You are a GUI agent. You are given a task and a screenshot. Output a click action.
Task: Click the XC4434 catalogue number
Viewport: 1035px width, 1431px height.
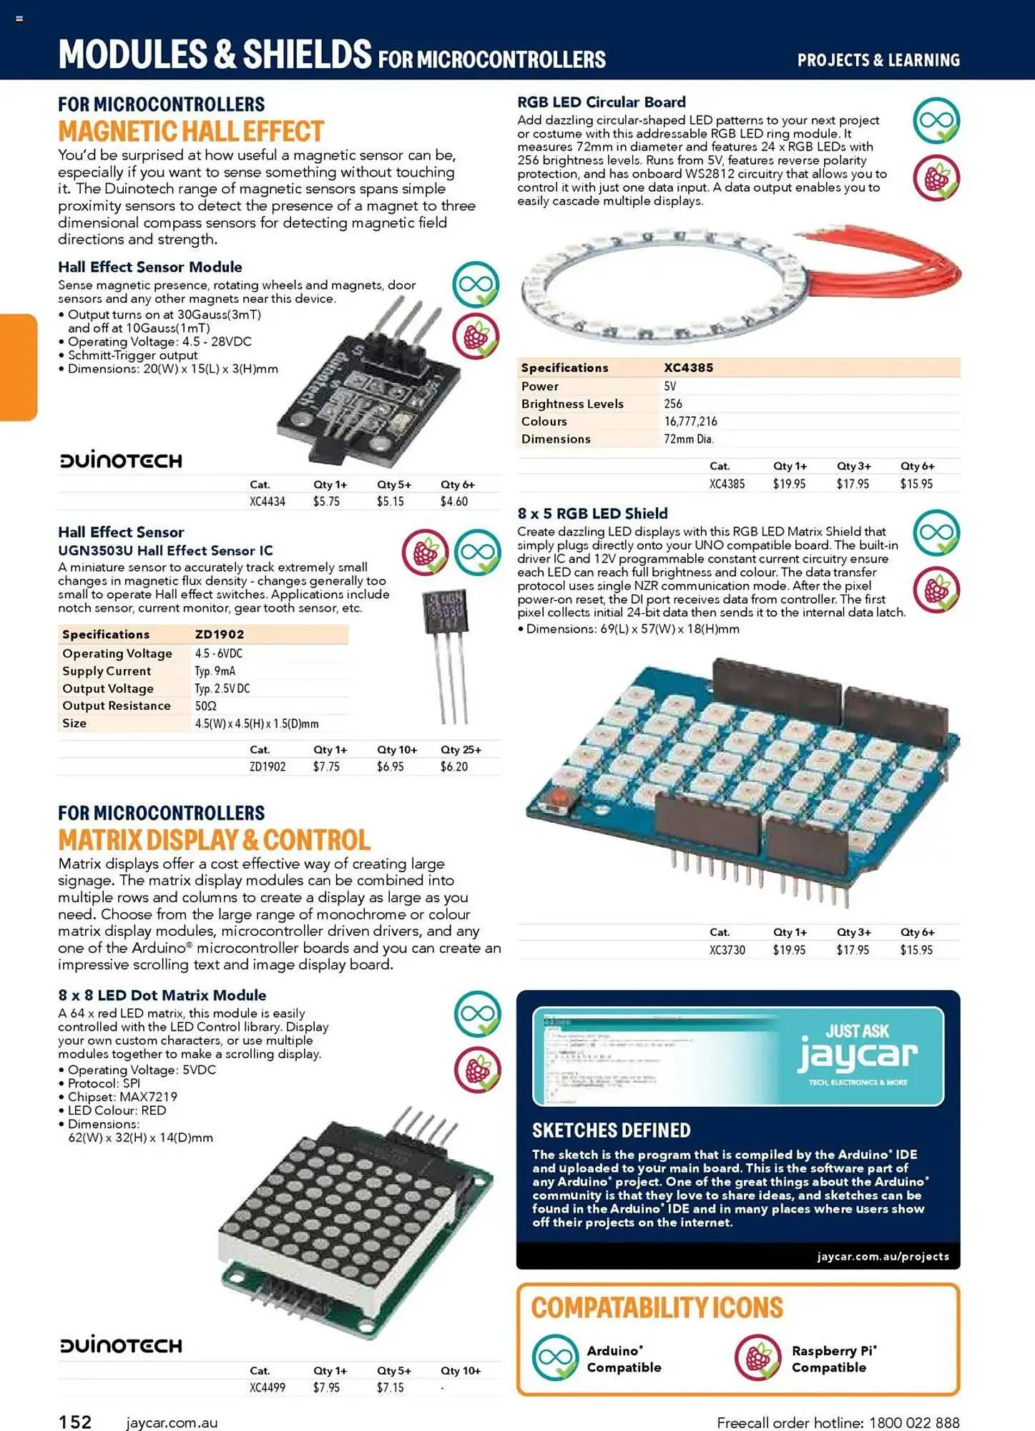267,502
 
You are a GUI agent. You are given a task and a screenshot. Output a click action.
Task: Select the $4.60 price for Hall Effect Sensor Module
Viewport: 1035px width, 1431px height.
453,502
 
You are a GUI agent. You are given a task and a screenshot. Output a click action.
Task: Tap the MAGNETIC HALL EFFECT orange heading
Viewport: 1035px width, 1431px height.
191,132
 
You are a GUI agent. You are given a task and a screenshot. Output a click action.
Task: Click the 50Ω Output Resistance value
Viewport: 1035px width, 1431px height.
206,705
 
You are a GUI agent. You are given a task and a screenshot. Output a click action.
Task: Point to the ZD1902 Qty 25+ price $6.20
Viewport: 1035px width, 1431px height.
453,766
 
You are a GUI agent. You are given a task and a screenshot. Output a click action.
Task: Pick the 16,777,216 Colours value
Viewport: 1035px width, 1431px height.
690,421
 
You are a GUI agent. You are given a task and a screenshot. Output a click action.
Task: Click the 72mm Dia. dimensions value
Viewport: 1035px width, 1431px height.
688,439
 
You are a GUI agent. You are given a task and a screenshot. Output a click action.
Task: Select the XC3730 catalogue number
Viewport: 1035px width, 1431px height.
727,950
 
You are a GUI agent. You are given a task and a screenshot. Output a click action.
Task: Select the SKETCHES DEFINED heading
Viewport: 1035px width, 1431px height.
611,1130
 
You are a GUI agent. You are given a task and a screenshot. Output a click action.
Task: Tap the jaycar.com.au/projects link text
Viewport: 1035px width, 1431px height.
883,1256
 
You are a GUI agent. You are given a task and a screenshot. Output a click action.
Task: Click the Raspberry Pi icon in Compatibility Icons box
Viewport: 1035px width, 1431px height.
757,1357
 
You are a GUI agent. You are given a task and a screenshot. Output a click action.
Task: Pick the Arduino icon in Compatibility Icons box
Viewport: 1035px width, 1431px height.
554,1357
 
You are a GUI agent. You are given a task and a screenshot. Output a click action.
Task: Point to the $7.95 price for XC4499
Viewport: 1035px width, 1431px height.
326,1387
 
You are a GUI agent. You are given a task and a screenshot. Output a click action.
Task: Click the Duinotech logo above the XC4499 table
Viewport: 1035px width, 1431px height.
121,1345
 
